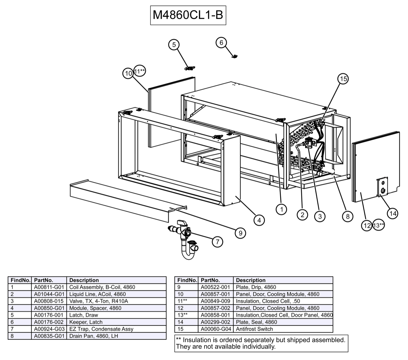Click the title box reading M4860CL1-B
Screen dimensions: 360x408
click(188, 15)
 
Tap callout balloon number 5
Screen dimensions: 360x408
click(174, 45)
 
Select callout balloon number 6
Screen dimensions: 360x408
click(221, 43)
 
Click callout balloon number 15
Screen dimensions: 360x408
click(343, 79)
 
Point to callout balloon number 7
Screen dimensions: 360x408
click(217, 241)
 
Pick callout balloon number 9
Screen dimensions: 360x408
click(240, 233)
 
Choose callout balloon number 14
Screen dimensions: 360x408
click(393, 213)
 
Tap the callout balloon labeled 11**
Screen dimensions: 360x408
click(140, 71)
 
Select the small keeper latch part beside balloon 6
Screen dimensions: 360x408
click(235, 56)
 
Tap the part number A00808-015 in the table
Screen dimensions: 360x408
click(49, 301)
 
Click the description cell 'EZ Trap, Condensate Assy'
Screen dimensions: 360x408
click(101, 329)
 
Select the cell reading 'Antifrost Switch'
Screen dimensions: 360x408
click(254, 329)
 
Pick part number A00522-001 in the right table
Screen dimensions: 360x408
click(215, 287)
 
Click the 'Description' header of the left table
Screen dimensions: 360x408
click(84, 280)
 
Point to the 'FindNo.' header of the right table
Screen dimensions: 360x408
click(187, 280)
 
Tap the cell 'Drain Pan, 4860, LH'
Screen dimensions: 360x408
click(93, 336)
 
